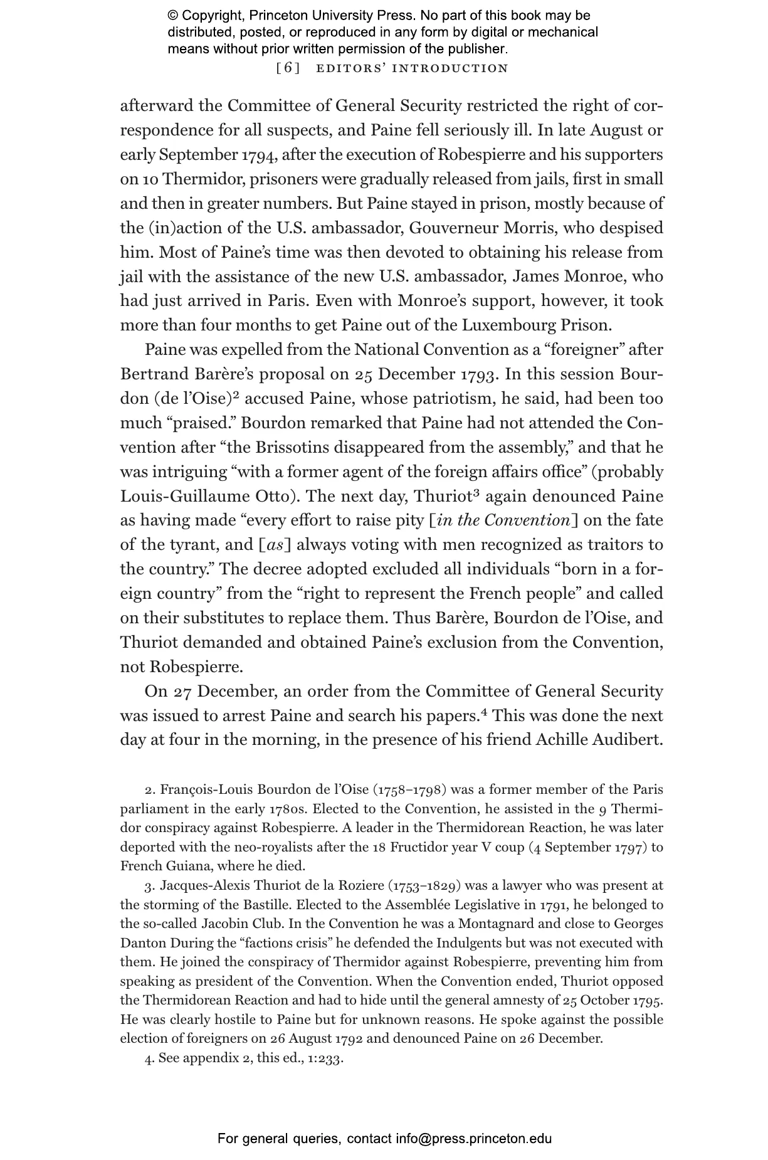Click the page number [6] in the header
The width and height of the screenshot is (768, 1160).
click(288, 68)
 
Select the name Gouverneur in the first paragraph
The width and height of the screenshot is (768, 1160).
click(451, 228)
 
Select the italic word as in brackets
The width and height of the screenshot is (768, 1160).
click(275, 546)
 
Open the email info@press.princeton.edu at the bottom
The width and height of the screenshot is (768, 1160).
click(473, 1138)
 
